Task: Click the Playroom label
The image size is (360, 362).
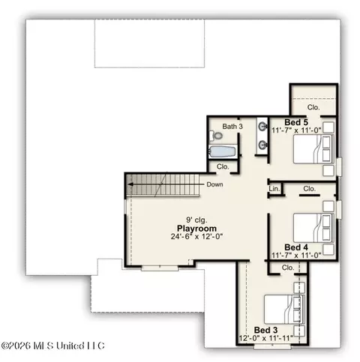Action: tap(196, 229)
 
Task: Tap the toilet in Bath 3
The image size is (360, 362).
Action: tap(216, 136)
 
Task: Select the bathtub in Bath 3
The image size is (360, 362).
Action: tap(222, 151)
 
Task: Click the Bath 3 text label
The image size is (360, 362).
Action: tap(232, 127)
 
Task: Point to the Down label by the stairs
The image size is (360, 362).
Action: tap(214, 184)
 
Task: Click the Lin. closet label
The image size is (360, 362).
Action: tap(274, 189)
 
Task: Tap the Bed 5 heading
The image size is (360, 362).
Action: tap(296, 122)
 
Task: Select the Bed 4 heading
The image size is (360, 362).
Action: tap(296, 247)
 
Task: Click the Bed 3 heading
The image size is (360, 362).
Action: tap(265, 330)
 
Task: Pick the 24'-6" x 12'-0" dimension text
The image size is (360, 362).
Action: tap(196, 236)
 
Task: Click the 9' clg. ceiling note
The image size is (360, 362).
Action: tap(196, 220)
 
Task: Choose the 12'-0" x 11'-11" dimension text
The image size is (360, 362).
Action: tap(265, 338)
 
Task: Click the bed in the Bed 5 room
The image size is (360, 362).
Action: tap(313, 149)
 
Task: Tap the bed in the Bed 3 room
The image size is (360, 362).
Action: tap(284, 310)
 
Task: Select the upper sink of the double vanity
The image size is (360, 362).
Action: tap(262, 127)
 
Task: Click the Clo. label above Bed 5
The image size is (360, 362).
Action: tap(313, 107)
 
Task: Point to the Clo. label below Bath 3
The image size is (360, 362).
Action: tap(223, 166)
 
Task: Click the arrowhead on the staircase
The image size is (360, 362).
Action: tap(130, 184)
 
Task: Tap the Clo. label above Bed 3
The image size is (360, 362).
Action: tap(288, 268)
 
